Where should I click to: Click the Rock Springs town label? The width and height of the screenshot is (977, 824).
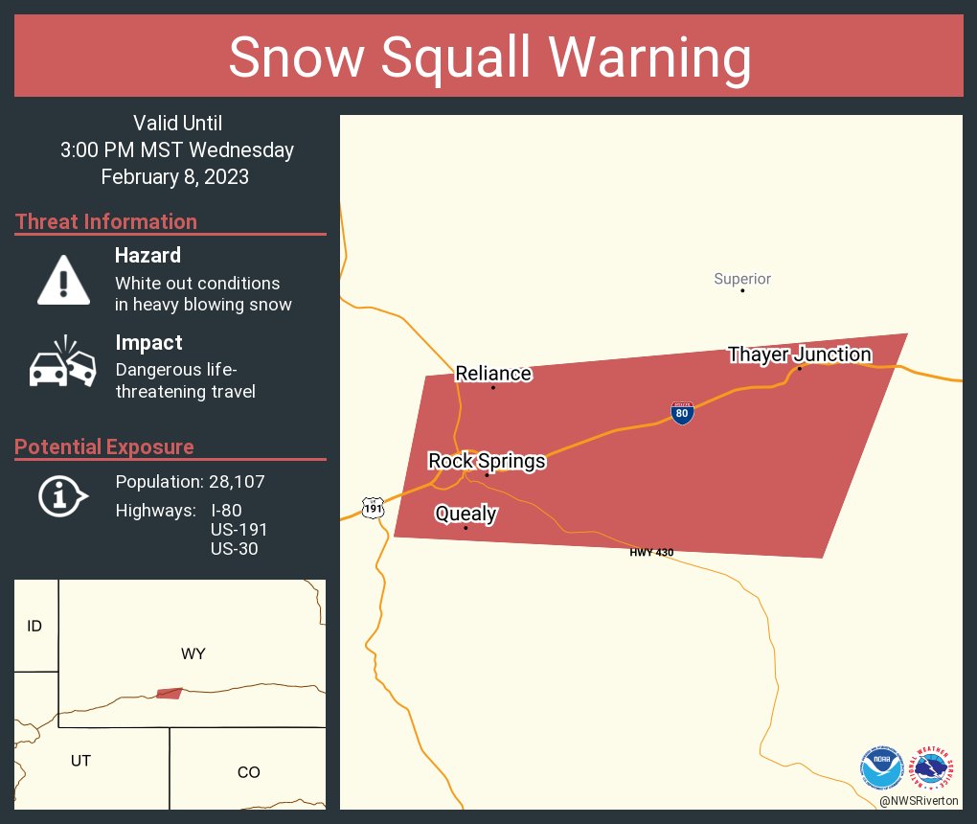tap(487, 461)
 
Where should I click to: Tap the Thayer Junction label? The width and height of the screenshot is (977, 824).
tap(799, 355)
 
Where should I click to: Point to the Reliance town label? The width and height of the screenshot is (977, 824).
tap(493, 373)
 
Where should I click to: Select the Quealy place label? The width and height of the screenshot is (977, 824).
tap(466, 514)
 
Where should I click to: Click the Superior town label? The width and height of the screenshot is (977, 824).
tap(742, 279)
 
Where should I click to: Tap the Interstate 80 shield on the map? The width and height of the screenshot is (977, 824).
tap(682, 413)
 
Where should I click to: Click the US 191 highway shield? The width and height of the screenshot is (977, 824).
tap(374, 508)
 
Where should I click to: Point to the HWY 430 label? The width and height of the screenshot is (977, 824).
tap(651, 553)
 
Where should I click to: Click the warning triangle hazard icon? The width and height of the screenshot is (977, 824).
tap(63, 279)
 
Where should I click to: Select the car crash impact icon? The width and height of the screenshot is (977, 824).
tap(64, 363)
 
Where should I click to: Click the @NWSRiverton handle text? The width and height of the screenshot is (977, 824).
tap(920, 800)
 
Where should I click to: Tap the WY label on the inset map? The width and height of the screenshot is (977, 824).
tap(193, 653)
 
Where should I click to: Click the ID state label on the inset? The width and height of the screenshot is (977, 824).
tap(34, 627)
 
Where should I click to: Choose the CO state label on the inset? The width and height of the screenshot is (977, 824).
tap(248, 772)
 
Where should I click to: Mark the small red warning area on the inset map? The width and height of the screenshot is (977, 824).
tap(169, 693)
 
